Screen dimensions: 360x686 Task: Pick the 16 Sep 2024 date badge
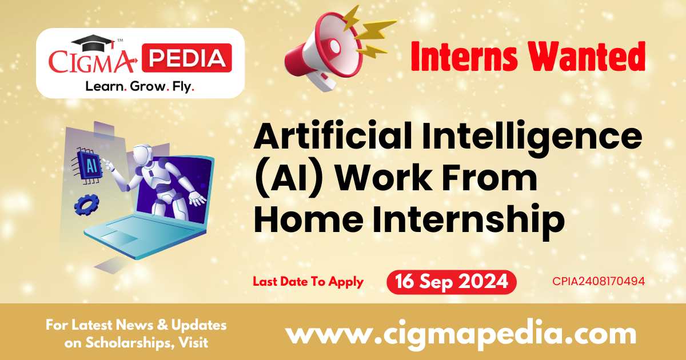[451, 282]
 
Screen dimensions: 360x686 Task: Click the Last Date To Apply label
[308, 282]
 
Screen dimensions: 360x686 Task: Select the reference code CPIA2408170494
[599, 282]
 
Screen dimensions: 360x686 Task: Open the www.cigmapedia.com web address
[461, 334]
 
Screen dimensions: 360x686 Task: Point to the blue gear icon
[86, 204]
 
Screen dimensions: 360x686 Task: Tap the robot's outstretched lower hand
[197, 199]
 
